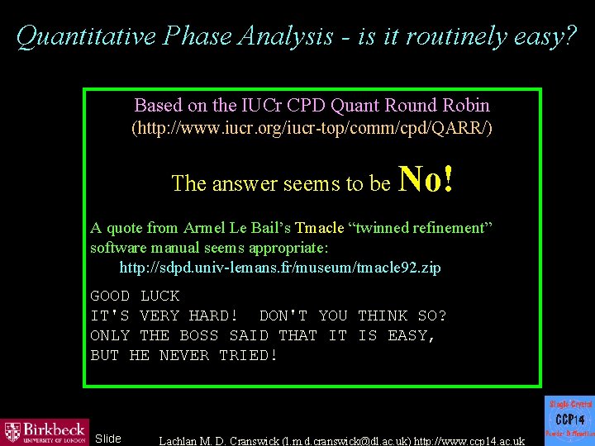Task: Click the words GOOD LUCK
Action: click(135, 296)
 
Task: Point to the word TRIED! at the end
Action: click(249, 355)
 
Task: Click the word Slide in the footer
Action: click(108, 438)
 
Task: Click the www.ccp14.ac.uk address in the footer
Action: click(472, 439)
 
